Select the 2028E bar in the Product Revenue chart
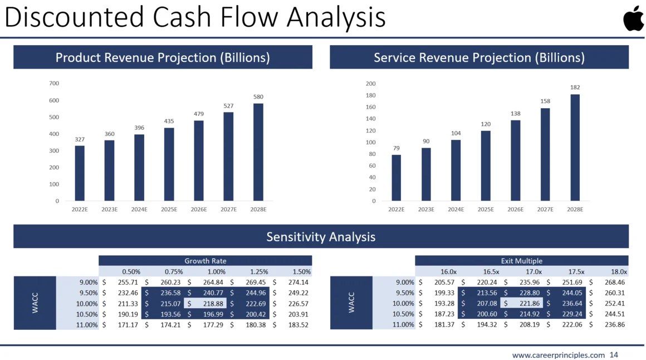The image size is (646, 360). [x=258, y=152]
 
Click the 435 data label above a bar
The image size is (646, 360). [x=169, y=121]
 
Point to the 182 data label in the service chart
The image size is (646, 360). [x=575, y=87]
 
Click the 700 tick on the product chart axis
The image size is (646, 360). [x=53, y=84]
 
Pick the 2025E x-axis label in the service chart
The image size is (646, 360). [x=486, y=210]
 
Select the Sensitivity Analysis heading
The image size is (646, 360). [x=321, y=237]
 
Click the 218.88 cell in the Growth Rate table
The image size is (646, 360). [x=213, y=304]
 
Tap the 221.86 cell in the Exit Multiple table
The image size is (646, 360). [x=529, y=304]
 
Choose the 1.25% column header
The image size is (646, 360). [x=258, y=271]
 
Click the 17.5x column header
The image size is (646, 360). [x=575, y=271]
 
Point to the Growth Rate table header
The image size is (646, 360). [x=205, y=261]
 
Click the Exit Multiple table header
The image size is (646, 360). [x=521, y=261]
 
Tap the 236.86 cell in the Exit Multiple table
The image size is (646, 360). [x=615, y=325]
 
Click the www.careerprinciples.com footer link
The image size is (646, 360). [x=558, y=355]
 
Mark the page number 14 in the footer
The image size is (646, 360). [x=614, y=355]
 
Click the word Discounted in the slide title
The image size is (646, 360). [x=70, y=17]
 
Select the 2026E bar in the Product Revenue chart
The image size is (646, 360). [x=199, y=160]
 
